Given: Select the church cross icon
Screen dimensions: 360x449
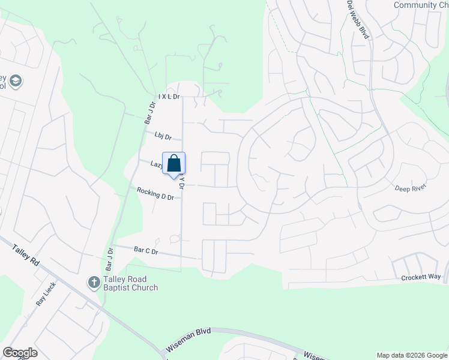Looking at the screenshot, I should tap(93, 282).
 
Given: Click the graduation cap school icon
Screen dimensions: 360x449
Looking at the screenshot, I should tap(16, 82).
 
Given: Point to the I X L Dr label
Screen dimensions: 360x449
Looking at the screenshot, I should tap(169, 97).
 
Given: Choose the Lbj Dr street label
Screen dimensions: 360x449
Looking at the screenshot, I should tap(163, 136).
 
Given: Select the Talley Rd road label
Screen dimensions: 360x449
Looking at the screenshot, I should tap(25, 254).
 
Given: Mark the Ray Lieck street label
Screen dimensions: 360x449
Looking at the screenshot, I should tap(46, 294).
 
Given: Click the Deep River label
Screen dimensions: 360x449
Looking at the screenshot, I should tap(409, 188).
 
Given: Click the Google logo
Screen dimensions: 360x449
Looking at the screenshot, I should tap(20, 353).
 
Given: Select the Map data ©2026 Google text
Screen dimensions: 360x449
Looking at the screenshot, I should tap(412, 355).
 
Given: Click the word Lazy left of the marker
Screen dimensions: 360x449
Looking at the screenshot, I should tap(157, 164).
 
